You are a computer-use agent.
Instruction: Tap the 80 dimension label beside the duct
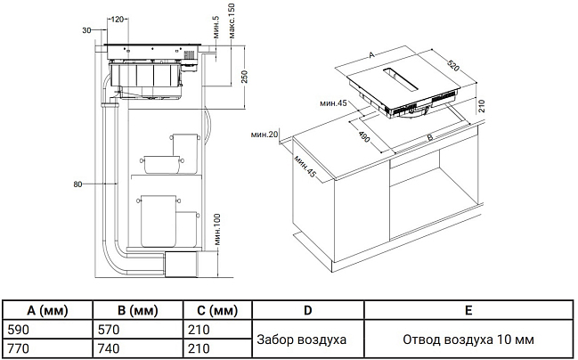coord(78,184)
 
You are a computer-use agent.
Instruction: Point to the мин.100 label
coord(216,229)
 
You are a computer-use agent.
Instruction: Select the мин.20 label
coord(265,134)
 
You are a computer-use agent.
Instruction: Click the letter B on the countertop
coord(429,137)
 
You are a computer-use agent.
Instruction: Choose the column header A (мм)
coord(47,311)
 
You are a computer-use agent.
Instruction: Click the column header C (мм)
coord(213,311)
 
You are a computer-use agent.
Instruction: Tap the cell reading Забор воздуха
coord(302,339)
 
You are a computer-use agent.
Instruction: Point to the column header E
coord(468,311)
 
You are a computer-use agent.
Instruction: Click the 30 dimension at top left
coord(85,30)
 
